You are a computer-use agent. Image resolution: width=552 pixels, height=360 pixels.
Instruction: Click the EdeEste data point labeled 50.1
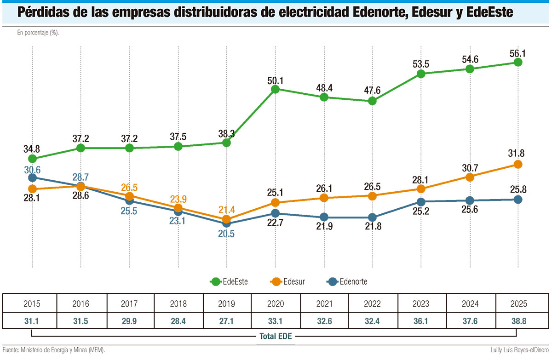[275, 90]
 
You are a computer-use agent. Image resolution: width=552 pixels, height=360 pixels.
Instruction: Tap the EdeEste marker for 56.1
[518, 62]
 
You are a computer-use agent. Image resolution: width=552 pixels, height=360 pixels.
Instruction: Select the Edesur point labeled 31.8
[518, 164]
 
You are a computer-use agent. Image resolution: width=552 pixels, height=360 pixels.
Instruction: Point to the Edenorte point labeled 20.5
[226, 223]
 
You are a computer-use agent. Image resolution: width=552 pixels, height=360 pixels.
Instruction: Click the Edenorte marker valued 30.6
[32, 177]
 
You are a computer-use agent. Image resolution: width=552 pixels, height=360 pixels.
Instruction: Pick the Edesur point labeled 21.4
[226, 220]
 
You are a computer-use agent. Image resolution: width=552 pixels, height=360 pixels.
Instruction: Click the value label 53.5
[420, 63]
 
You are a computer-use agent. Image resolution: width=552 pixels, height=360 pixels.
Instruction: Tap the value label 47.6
[372, 90]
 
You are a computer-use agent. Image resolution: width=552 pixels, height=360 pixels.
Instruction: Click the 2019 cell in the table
[226, 304]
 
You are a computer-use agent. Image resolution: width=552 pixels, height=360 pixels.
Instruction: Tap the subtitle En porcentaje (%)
[39, 33]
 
